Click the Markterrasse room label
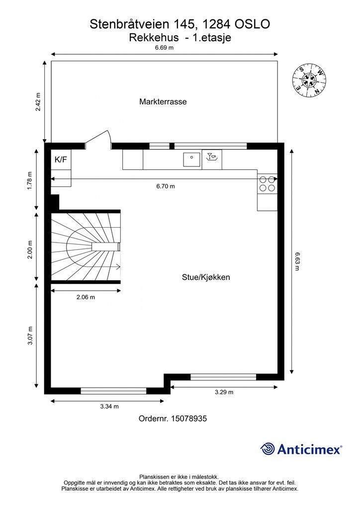pyautogui.click(x=163, y=101)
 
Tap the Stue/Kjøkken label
pyautogui.click(x=206, y=277)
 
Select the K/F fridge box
pyautogui.click(x=61, y=160)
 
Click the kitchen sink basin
pyautogui.click(x=191, y=159)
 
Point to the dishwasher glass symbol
pyautogui.click(x=212, y=157)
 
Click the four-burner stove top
pyautogui.click(x=268, y=184)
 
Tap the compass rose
pyautogui.click(x=309, y=80)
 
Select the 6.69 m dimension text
pyautogui.click(x=164, y=48)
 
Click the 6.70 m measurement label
pyautogui.click(x=166, y=186)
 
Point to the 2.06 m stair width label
pyautogui.click(x=86, y=297)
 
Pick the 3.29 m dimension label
pyautogui.click(x=224, y=392)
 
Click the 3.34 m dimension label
pyautogui.click(x=109, y=407)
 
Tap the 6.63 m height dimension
pyautogui.click(x=297, y=261)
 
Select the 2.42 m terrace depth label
pyautogui.click(x=38, y=102)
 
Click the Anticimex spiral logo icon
pyautogui.click(x=268, y=449)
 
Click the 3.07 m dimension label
pyautogui.click(x=30, y=336)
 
